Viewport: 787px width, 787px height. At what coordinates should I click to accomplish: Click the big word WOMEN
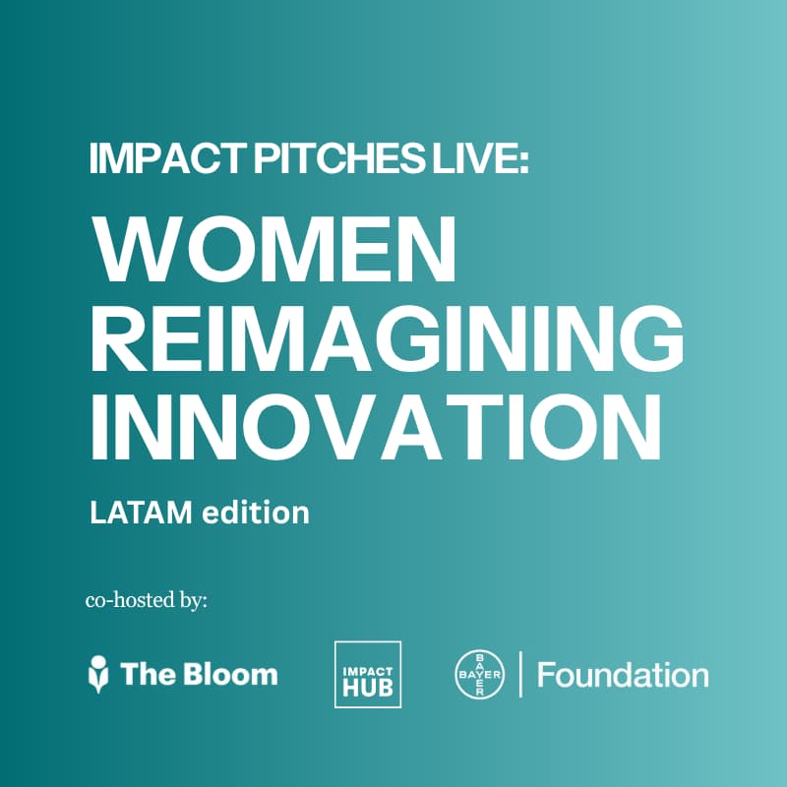point(273,249)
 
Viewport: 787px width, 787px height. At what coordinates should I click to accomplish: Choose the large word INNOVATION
point(376,426)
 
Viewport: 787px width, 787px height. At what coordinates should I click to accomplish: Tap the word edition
point(256,512)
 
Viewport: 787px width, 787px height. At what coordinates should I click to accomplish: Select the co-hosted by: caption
point(146,600)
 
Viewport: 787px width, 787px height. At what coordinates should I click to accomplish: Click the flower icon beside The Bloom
point(98,674)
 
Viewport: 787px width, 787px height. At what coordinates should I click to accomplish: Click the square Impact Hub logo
point(368,674)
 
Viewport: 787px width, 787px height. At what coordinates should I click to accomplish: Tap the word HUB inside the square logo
point(368,687)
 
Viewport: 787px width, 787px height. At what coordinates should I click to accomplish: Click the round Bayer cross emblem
point(480,675)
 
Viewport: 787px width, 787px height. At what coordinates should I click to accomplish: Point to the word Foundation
point(623,675)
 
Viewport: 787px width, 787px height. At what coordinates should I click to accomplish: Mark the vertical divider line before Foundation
point(520,674)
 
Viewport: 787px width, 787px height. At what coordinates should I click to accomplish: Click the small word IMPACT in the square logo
point(368,671)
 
